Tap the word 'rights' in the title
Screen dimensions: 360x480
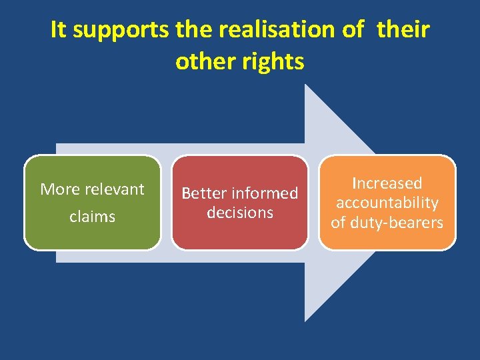coord(273,61)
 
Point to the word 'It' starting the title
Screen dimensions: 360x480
coord(59,29)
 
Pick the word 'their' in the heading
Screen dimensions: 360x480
coord(403,29)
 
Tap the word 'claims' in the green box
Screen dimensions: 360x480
coord(92,217)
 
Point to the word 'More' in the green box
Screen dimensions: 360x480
coord(59,189)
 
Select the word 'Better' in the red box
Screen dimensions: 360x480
coord(205,193)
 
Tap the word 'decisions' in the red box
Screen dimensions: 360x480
coord(240,213)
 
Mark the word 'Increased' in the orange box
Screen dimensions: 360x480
coord(387,183)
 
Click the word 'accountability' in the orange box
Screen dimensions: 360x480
coord(387,203)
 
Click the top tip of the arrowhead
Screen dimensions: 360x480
coord(305,85)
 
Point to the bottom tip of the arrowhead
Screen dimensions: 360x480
coord(305,321)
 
